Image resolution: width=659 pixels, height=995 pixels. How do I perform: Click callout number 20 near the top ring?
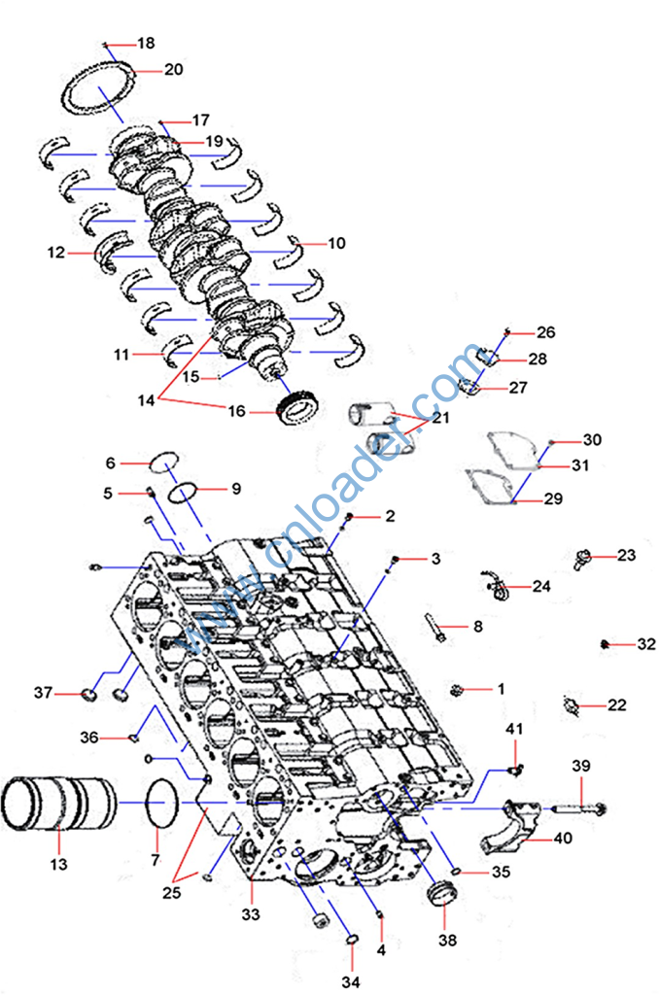pyautogui.click(x=174, y=70)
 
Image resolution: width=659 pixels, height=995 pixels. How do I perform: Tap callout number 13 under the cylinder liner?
pyautogui.click(x=59, y=864)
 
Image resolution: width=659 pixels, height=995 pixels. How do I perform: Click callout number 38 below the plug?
pyautogui.click(x=445, y=940)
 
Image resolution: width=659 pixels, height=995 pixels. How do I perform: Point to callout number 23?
pyautogui.click(x=627, y=556)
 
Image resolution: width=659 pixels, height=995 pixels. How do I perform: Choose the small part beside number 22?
pyautogui.click(x=572, y=703)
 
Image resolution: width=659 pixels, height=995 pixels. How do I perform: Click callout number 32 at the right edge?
pyautogui.click(x=646, y=644)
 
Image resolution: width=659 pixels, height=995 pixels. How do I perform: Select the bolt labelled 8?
pyautogui.click(x=437, y=628)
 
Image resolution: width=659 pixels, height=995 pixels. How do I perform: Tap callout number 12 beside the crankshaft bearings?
pyautogui.click(x=55, y=253)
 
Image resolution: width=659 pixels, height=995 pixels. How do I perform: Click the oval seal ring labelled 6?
pyautogui.click(x=164, y=460)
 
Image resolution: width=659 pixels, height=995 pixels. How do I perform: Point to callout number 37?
pyautogui.click(x=42, y=693)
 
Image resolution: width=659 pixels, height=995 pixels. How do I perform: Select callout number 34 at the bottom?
pyautogui.click(x=351, y=982)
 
